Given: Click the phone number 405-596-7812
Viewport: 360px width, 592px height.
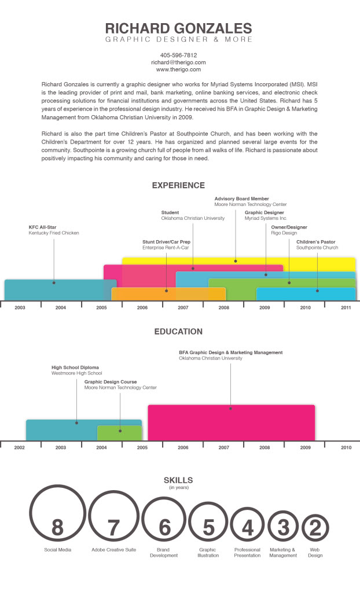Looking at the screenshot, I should pyautogui.click(x=178, y=55).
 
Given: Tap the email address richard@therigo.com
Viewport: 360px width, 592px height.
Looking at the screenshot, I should pyautogui.click(x=178, y=62).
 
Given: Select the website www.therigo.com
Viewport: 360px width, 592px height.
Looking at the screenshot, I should pyautogui.click(x=178, y=69).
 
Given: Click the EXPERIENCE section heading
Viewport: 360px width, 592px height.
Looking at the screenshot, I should pyautogui.click(x=178, y=186).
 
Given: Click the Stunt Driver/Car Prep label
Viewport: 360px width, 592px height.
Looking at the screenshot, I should pyautogui.click(x=166, y=241).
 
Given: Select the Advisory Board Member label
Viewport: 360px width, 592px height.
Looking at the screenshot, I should pyautogui.click(x=241, y=198).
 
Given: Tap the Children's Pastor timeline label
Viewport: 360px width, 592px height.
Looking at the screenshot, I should pyautogui.click(x=315, y=241).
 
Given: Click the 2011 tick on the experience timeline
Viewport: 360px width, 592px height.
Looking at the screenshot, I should pyautogui.click(x=346, y=308).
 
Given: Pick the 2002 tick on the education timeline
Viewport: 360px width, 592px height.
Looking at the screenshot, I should pyautogui.click(x=19, y=447).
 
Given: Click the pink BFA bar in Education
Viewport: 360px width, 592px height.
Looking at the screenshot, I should pyautogui.click(x=232, y=422).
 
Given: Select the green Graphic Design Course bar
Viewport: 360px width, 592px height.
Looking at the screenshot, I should pyautogui.click(x=119, y=433).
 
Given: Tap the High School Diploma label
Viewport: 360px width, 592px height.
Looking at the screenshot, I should pyautogui.click(x=75, y=367).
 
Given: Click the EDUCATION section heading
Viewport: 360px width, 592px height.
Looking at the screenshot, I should pyautogui.click(x=178, y=332).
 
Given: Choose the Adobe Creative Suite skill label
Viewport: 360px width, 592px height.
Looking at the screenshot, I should pyautogui.click(x=113, y=549).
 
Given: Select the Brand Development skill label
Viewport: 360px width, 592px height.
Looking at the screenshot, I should pyautogui.click(x=163, y=552).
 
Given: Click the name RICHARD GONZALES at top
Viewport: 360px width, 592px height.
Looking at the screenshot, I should pyautogui.click(x=178, y=28).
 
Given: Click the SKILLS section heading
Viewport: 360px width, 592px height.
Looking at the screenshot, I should pyautogui.click(x=178, y=480).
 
